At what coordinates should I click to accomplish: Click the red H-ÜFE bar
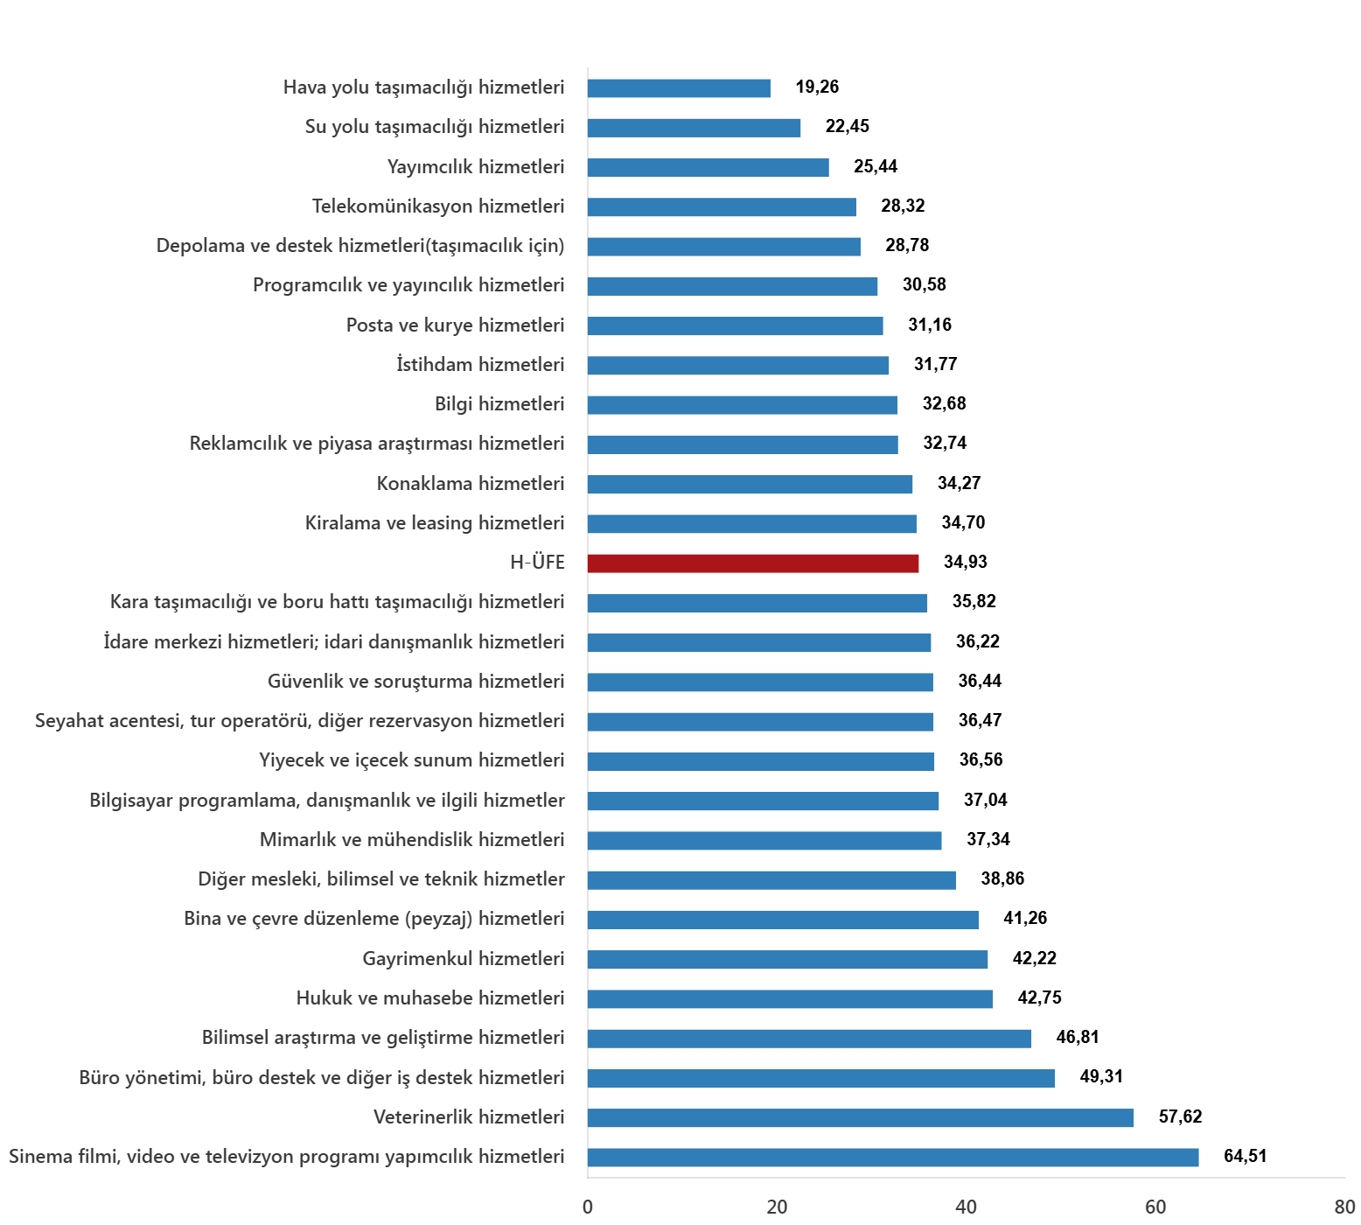click(x=752, y=563)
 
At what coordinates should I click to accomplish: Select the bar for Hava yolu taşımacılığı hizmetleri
click(x=679, y=88)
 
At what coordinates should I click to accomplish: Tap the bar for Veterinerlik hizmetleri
click(x=860, y=1118)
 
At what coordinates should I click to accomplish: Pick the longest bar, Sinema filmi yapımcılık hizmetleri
click(x=892, y=1158)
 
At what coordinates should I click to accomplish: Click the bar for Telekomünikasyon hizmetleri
click(x=722, y=207)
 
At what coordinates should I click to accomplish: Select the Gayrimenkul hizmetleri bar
click(x=787, y=960)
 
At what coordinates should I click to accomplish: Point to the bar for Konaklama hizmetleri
click(x=750, y=485)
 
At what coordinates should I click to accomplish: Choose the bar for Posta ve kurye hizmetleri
click(x=735, y=326)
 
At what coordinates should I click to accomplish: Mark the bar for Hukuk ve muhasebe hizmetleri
click(x=790, y=999)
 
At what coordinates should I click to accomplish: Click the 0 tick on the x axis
click(x=588, y=1207)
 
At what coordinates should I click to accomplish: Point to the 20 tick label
click(x=777, y=1207)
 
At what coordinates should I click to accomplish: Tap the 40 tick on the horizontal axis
click(x=966, y=1207)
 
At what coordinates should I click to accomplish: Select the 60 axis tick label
click(x=1155, y=1207)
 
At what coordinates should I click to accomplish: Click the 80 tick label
click(x=1344, y=1207)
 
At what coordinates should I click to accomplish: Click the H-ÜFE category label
click(x=537, y=563)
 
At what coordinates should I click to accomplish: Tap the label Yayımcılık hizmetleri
click(x=476, y=167)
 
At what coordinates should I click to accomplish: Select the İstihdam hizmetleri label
click(x=480, y=365)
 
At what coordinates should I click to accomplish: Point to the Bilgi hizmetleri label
click(x=499, y=404)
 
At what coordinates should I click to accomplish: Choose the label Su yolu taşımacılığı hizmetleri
click(x=435, y=128)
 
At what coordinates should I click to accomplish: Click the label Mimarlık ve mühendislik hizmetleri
click(x=412, y=840)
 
